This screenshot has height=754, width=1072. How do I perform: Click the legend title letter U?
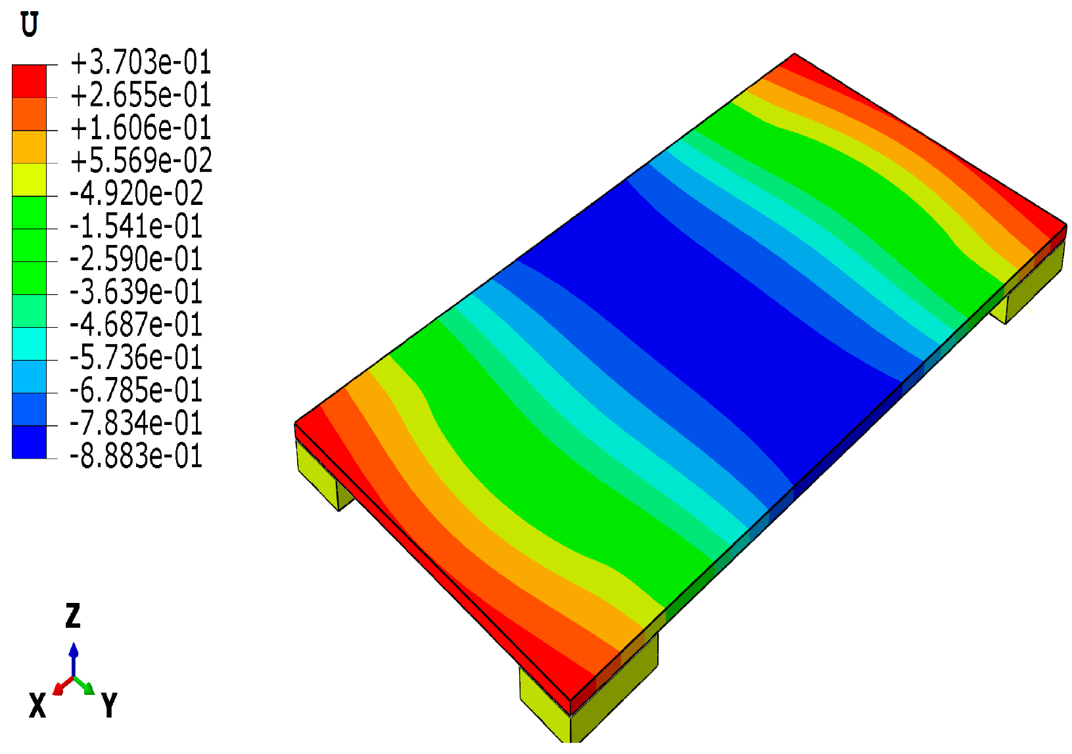(x=30, y=25)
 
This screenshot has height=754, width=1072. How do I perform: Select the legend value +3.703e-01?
(x=141, y=63)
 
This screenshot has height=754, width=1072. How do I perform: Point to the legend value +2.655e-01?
(x=141, y=96)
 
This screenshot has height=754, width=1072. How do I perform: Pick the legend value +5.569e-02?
(x=141, y=161)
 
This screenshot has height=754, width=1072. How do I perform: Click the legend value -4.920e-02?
(x=136, y=194)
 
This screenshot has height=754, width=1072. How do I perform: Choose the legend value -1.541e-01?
(x=136, y=227)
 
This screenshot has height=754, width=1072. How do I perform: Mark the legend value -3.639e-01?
(x=136, y=292)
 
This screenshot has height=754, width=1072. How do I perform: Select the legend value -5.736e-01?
(x=136, y=358)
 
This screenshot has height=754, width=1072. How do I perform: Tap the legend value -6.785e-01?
(x=136, y=391)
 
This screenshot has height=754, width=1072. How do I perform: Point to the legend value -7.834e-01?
(x=136, y=424)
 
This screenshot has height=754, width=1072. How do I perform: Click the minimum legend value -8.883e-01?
(x=136, y=456)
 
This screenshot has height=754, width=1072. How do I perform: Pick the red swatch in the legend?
(x=30, y=81)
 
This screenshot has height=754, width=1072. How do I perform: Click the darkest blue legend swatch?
(x=30, y=442)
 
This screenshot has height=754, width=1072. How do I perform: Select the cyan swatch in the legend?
(x=30, y=344)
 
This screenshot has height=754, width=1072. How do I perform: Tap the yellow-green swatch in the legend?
(x=30, y=179)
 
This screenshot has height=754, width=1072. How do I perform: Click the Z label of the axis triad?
(x=72, y=616)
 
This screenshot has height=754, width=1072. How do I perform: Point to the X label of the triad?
(x=37, y=706)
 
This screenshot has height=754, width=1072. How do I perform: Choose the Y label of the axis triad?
(x=109, y=706)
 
